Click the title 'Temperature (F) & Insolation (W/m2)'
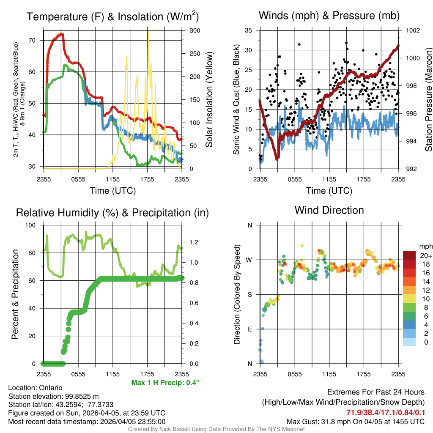(112, 17)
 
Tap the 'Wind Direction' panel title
(329, 210)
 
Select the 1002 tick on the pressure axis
(412, 30)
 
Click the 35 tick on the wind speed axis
(249, 30)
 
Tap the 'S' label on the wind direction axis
(249, 294)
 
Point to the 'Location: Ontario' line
(35, 388)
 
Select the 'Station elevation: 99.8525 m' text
(53, 396)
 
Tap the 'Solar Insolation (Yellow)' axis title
(209, 100)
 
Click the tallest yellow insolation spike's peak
(148, 31)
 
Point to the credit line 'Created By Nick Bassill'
(216, 429)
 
